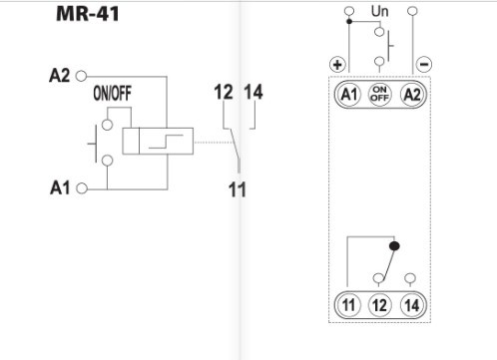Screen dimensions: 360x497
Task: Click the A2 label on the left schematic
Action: (59, 75)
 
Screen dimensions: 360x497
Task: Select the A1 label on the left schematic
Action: (59, 186)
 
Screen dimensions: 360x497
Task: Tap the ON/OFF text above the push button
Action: (113, 95)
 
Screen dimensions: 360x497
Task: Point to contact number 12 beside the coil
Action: (224, 93)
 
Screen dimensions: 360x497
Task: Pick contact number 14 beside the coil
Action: (254, 93)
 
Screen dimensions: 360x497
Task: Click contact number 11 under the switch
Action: (238, 189)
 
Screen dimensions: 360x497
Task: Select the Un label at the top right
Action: (380, 11)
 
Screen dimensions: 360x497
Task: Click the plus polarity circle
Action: (337, 63)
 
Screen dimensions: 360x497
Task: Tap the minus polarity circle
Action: (424, 63)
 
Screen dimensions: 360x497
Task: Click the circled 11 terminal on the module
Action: (348, 305)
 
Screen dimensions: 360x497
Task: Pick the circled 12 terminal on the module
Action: (379, 305)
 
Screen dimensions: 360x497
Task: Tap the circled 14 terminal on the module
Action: (411, 305)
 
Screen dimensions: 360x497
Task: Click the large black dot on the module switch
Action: (394, 244)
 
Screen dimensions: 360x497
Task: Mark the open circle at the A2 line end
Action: (81, 75)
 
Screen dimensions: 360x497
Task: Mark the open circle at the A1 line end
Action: (81, 186)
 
